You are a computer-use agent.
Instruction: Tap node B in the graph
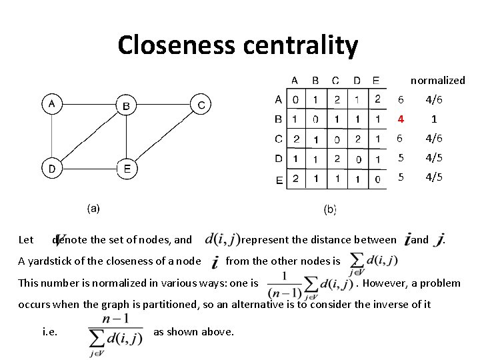click(126, 105)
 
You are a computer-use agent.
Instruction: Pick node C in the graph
click(201, 104)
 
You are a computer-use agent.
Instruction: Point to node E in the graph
click(127, 168)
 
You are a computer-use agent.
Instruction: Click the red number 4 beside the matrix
click(401, 120)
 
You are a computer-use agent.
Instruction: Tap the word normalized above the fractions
click(437, 80)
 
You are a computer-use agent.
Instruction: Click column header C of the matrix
click(335, 81)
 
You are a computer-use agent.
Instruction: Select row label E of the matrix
click(279, 179)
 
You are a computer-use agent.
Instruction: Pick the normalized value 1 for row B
click(434, 120)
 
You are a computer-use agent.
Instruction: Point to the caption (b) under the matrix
click(329, 209)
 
